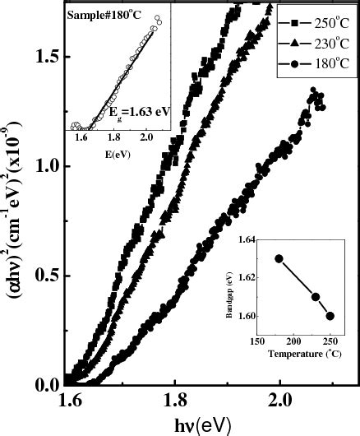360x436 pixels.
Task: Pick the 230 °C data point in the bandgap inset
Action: (x=316, y=296)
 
